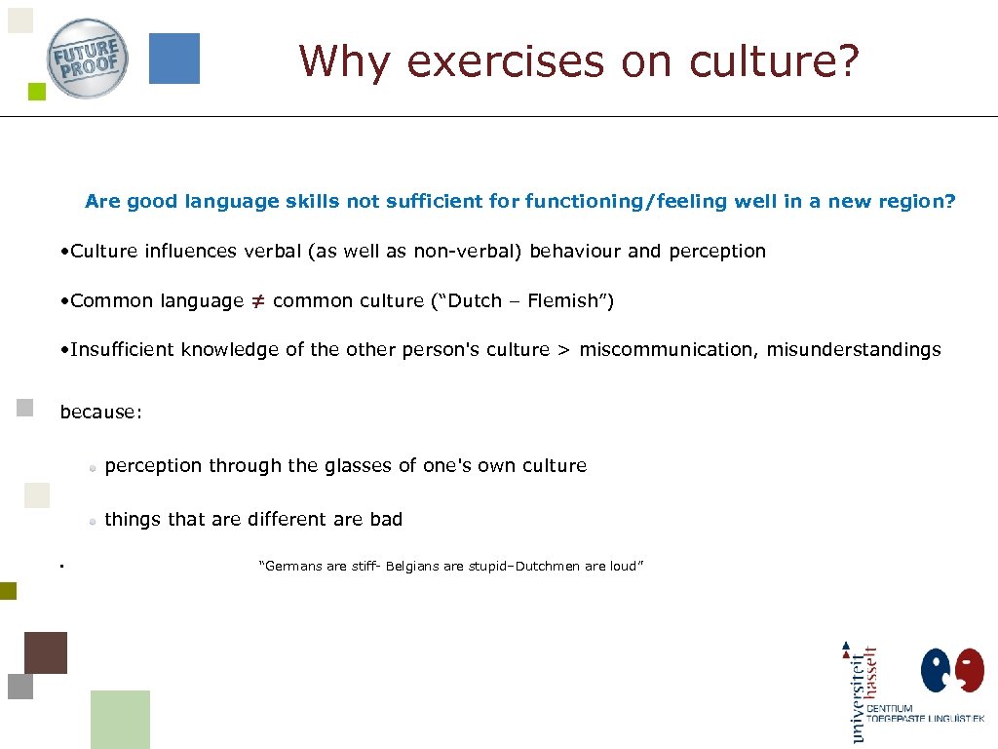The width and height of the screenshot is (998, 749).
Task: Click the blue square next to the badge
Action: pyautogui.click(x=174, y=59)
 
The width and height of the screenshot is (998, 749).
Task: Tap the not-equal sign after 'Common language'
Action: pyautogui.click(x=257, y=301)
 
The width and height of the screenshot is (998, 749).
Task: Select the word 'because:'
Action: pyautogui.click(x=101, y=413)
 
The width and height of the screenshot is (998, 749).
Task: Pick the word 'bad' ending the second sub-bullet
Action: pyautogui.click(x=386, y=520)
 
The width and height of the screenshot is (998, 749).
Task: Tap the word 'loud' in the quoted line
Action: pyautogui.click(x=622, y=567)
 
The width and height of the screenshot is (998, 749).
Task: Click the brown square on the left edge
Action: pyautogui.click(x=46, y=652)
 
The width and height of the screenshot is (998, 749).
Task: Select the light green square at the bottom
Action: pyautogui.click(x=120, y=719)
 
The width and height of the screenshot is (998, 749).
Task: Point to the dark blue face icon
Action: pyautogui.click(x=937, y=671)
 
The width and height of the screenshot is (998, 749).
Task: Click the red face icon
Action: pyautogui.click(x=970, y=671)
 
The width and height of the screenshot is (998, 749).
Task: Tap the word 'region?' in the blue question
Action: pyautogui.click(x=919, y=202)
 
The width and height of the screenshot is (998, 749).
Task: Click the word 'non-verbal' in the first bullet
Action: pyautogui.click(x=468, y=252)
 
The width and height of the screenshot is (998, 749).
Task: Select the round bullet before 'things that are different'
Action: pyautogui.click(x=93, y=522)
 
